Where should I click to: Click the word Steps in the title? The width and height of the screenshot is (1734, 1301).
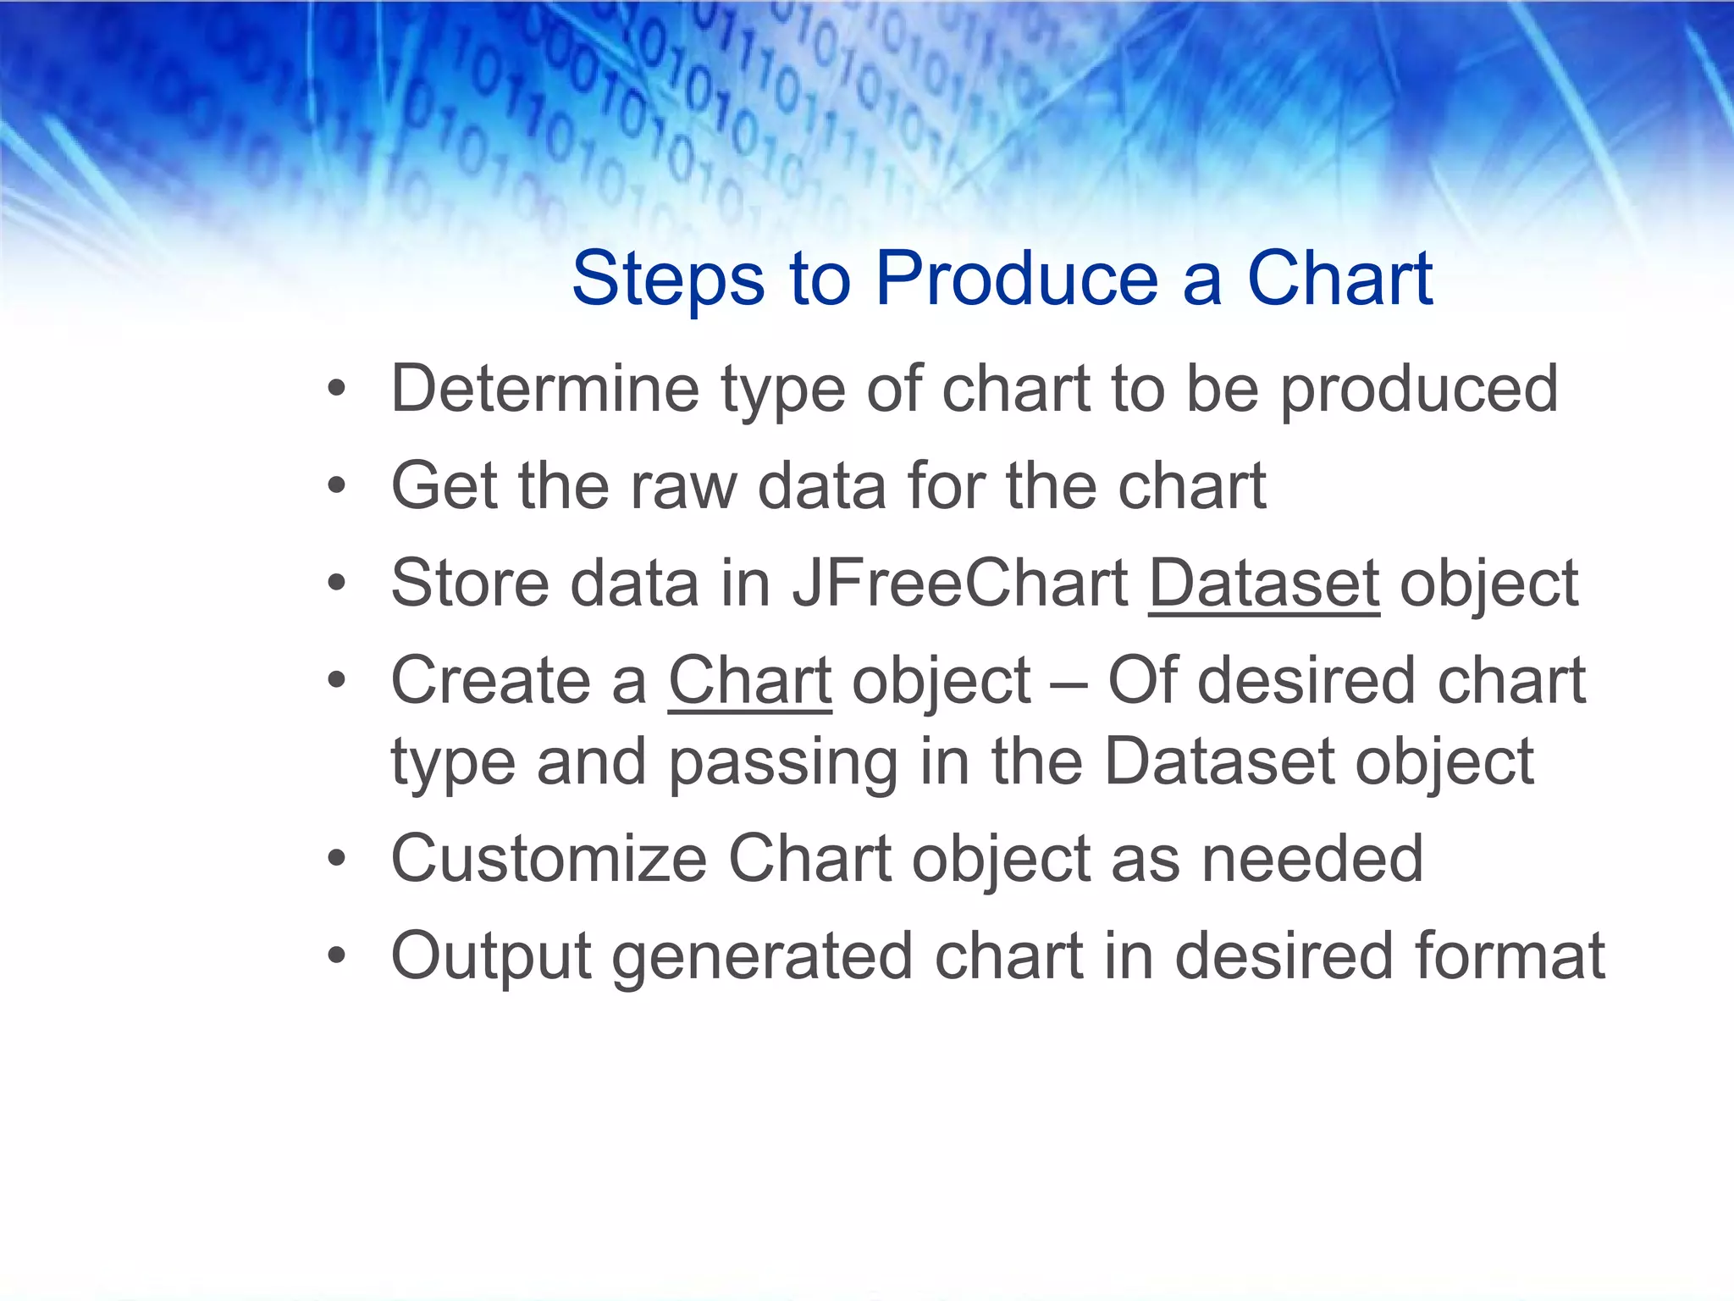click(668, 280)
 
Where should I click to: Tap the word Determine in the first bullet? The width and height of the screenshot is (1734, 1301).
click(544, 389)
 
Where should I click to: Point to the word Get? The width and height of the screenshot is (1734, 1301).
click(444, 486)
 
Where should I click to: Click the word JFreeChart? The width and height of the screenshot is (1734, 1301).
click(959, 584)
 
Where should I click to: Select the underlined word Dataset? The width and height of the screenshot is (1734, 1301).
click(1264, 584)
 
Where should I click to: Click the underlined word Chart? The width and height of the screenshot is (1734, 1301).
click(750, 681)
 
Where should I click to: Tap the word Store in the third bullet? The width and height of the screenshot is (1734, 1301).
click(470, 584)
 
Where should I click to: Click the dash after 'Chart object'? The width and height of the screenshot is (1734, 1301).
click(1069, 683)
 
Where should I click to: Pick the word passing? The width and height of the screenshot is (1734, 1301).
click(783, 762)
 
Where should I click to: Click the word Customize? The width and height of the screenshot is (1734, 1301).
click(549, 859)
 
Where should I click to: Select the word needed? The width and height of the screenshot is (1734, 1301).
click(1312, 859)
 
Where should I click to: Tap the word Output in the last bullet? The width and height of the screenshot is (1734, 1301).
click(491, 956)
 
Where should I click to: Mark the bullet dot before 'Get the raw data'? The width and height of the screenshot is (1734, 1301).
click(337, 487)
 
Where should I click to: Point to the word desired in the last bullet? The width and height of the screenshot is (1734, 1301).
click(1284, 956)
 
